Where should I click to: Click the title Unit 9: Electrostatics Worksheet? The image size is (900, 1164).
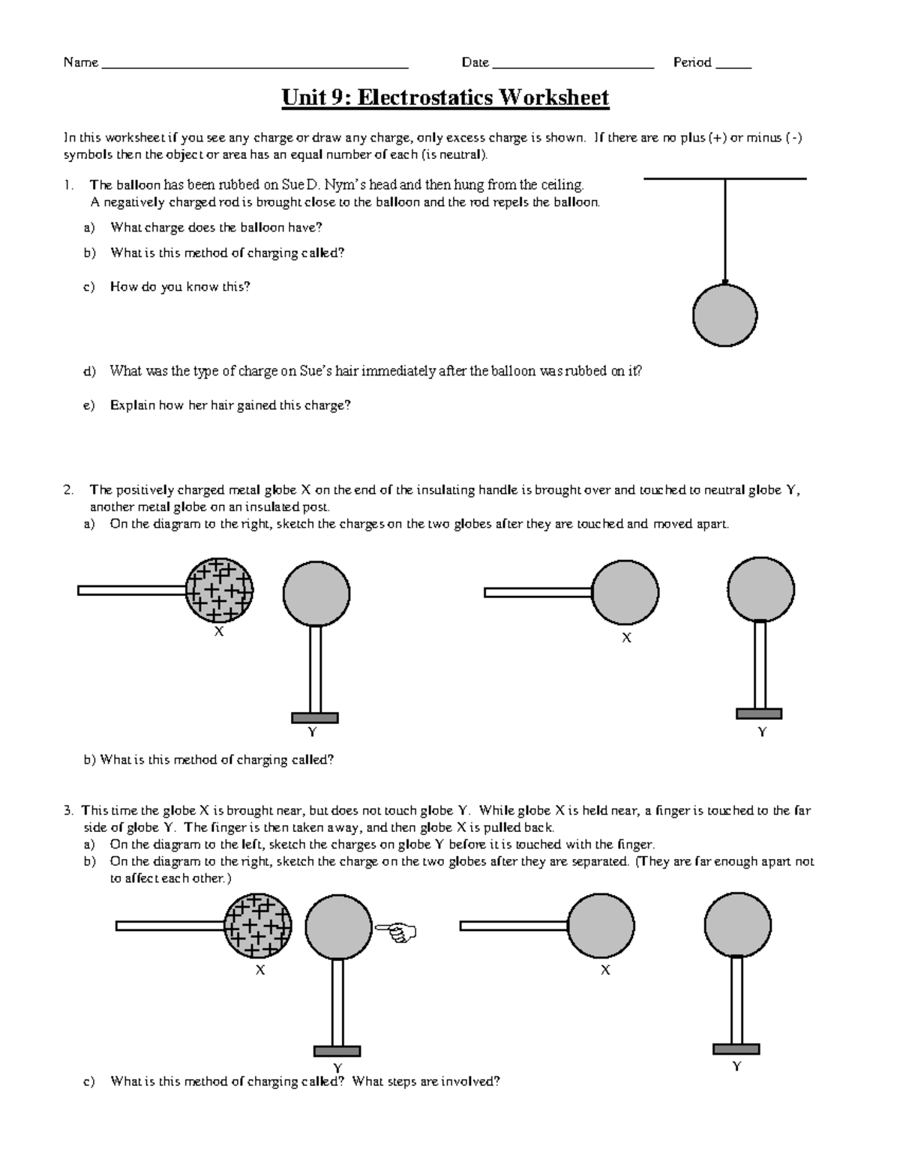pos(445,97)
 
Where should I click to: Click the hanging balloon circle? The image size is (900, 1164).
pos(724,316)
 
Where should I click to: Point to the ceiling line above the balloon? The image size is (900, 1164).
pos(724,178)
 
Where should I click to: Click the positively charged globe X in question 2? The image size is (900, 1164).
pos(219,591)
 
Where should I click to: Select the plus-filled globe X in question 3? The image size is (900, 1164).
pos(259,926)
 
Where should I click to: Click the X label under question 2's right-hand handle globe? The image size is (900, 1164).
pos(626,638)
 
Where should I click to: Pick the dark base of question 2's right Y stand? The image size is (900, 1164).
pos(759,714)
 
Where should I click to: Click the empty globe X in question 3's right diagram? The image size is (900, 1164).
pos(601,926)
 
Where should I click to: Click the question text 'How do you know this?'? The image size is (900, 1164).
pos(180,286)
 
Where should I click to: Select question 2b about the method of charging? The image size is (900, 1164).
pos(208,759)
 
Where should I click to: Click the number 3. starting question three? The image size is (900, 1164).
pos(69,810)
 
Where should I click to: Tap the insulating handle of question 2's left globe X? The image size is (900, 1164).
pos(131,591)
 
